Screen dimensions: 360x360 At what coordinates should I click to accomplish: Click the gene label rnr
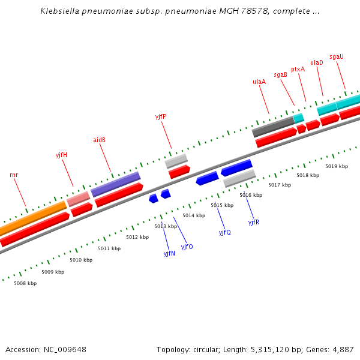click(14, 175)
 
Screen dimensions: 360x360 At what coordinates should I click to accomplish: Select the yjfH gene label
click(61, 155)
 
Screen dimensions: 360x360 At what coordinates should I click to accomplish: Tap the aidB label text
click(99, 140)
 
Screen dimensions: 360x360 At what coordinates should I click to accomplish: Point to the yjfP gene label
click(161, 116)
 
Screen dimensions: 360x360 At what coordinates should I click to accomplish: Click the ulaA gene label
click(259, 82)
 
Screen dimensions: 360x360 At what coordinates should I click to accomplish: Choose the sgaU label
click(337, 56)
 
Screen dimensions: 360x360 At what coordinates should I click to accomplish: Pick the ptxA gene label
click(298, 69)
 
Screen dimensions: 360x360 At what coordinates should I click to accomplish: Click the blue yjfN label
click(169, 253)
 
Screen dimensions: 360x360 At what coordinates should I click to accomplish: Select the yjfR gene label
click(254, 222)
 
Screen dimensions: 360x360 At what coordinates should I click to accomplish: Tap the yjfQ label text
click(224, 232)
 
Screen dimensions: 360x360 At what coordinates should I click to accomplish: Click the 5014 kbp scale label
click(194, 215)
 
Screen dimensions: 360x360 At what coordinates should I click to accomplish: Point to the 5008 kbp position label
click(25, 283)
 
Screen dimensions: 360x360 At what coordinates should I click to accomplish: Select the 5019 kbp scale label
click(337, 166)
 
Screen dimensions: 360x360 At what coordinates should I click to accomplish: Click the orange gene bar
click(33, 217)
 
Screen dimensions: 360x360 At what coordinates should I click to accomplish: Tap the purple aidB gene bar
click(115, 184)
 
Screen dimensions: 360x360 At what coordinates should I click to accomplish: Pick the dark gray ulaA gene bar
click(273, 126)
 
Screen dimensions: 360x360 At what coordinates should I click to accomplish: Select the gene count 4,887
click(342, 349)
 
